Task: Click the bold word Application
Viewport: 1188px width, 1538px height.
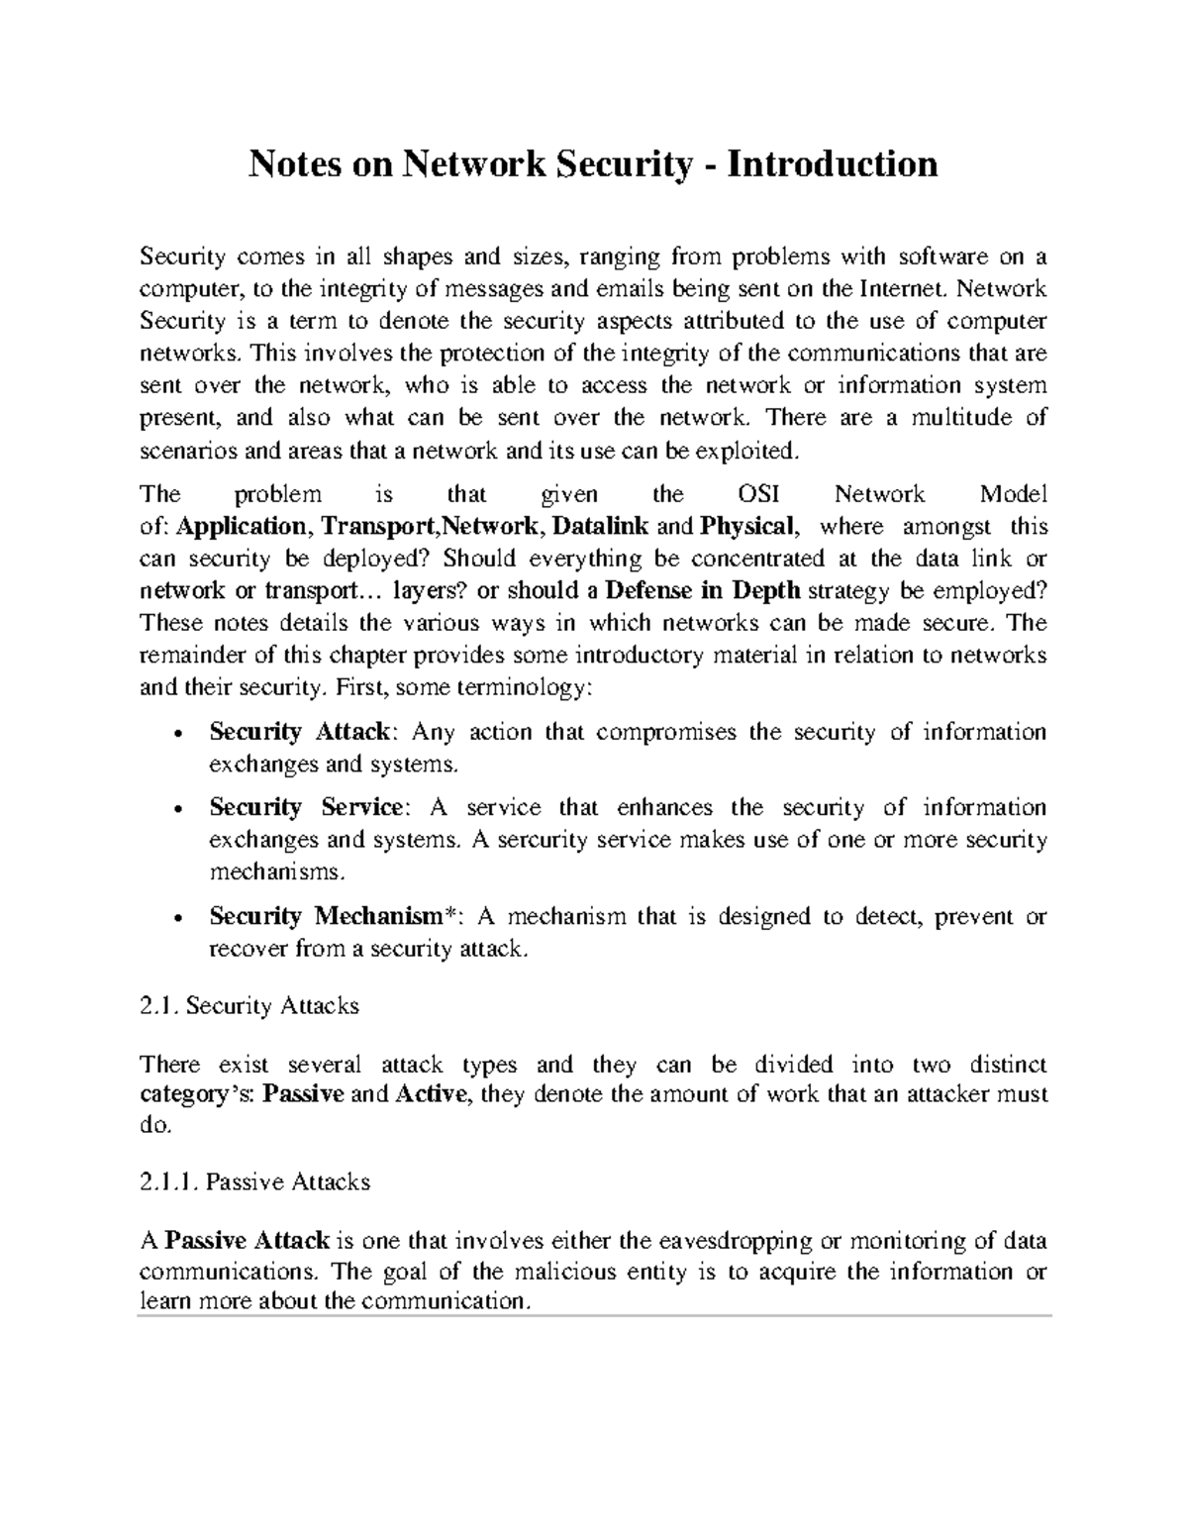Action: tap(245, 526)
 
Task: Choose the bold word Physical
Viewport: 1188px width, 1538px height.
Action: tap(745, 526)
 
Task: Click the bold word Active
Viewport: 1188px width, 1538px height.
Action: tap(430, 1094)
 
